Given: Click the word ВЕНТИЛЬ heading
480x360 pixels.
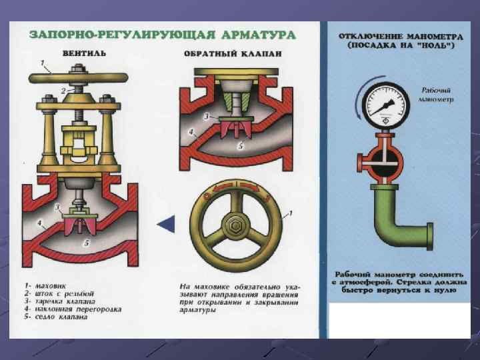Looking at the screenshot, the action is coord(84,53).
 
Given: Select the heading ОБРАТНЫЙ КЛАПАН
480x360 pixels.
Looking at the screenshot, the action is coord(233,54).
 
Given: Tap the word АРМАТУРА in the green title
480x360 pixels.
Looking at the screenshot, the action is coord(258,35).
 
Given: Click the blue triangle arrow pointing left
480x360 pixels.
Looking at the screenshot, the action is coord(166,224).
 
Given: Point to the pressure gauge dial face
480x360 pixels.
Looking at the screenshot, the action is coord(386,105).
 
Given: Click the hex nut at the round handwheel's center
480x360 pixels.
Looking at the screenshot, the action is coord(235,226).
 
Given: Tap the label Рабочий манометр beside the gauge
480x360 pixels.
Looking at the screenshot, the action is coord(436,95).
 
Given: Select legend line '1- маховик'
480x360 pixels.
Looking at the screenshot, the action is coord(45,286).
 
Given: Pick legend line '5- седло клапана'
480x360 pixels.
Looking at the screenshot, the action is coord(56,317).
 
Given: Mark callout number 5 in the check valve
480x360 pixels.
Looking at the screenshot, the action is coord(241,146).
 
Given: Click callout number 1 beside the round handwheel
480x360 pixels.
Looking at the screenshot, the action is coord(291,213).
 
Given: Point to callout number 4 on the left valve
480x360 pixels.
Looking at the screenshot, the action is coord(39,223).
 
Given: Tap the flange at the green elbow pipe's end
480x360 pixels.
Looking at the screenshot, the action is coord(430,237).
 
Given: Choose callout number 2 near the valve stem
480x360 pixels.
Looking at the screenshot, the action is coord(63,91).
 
